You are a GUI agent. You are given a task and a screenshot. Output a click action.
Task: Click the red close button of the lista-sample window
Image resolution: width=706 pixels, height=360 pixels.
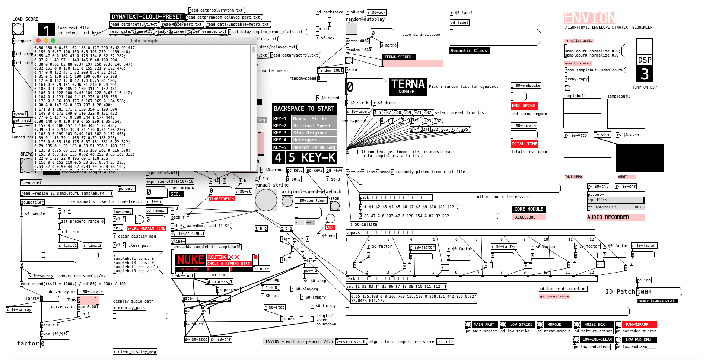point(38,41)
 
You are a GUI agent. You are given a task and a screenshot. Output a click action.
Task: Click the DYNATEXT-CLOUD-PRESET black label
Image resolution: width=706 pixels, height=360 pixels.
point(147,17)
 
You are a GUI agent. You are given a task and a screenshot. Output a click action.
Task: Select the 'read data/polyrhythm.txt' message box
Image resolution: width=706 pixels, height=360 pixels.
point(216,10)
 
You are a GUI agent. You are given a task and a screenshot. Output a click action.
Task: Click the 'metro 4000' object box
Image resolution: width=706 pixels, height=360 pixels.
point(357,41)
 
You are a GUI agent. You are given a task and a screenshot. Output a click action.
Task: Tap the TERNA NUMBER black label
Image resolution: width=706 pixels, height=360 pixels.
point(408,86)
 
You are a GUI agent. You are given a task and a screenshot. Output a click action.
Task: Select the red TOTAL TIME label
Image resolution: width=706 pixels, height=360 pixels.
point(524,144)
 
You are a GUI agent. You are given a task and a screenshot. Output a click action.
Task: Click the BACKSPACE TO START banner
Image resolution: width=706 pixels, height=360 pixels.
point(304,109)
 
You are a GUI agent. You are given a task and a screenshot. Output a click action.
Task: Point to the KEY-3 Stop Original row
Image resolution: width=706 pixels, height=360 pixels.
point(304,133)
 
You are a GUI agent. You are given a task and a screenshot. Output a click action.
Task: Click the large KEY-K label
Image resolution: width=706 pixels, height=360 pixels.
point(318,158)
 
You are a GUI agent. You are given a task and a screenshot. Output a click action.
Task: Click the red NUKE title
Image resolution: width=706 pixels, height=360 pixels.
point(190,259)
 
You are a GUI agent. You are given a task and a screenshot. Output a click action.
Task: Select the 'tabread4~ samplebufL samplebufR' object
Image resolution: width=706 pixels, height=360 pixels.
point(206,247)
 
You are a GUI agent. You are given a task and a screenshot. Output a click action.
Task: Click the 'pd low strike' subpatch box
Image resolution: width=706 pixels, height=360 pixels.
point(517,331)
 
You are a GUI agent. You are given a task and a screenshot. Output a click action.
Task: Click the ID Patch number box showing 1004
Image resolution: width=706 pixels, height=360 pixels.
point(659,292)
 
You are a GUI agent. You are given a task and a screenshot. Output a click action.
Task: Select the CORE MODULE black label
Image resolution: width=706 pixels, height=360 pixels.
point(529,209)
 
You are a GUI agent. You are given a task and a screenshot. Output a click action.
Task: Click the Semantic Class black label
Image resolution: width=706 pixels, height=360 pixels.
point(469,51)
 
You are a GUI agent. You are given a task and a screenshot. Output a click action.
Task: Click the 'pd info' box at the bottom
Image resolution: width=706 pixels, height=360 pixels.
point(445,341)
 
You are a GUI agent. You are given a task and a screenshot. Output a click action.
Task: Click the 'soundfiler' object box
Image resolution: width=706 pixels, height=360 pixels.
point(33,202)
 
